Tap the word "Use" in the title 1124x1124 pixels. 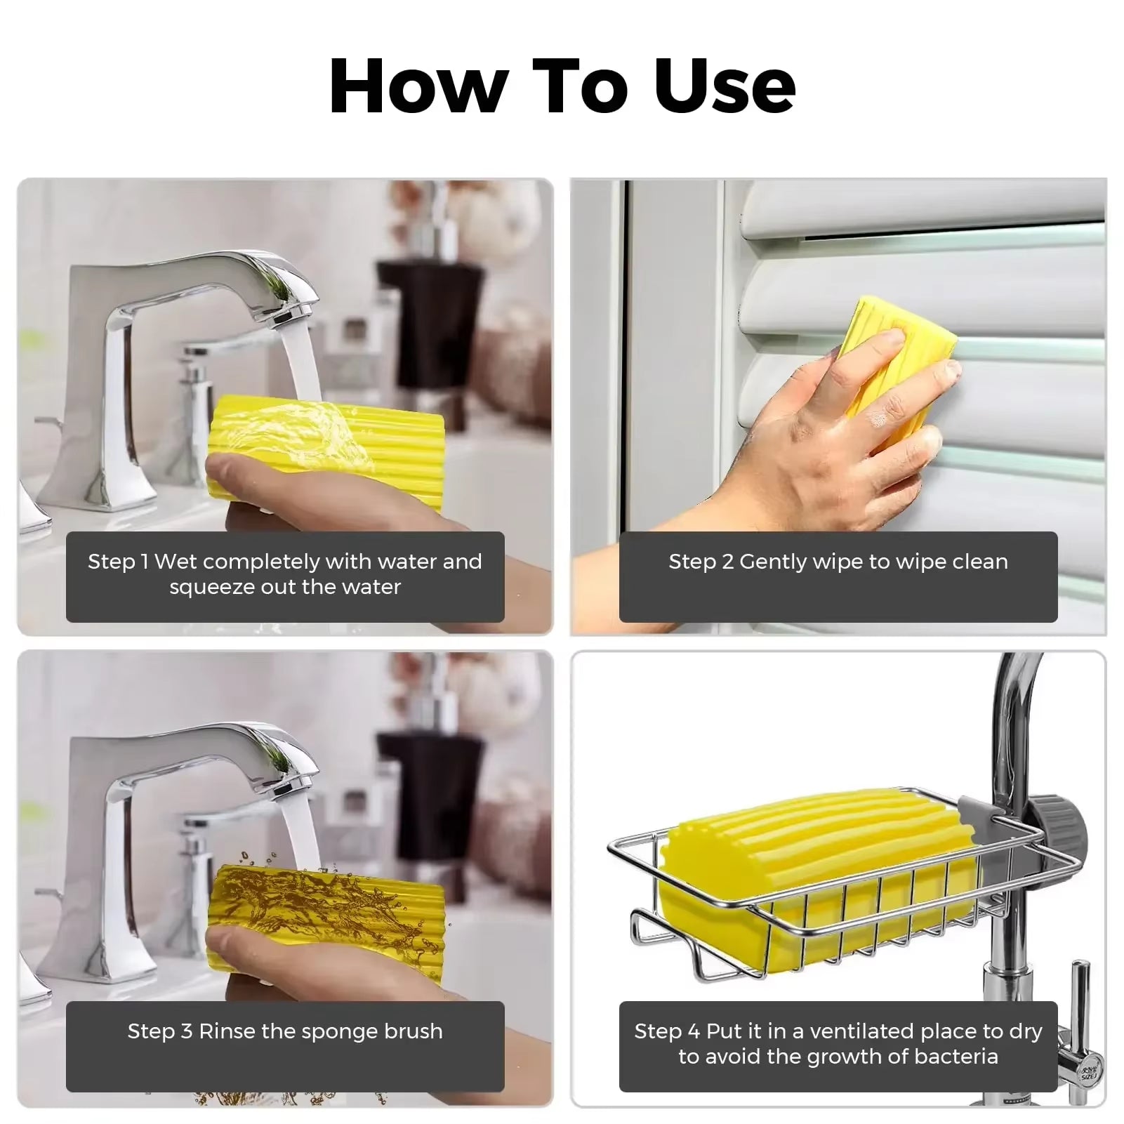click(725, 86)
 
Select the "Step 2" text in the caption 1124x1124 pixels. click(700, 562)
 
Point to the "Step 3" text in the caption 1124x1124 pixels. click(159, 1031)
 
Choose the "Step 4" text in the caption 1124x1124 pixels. click(667, 1031)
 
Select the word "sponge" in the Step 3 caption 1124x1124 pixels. click(333, 1031)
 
